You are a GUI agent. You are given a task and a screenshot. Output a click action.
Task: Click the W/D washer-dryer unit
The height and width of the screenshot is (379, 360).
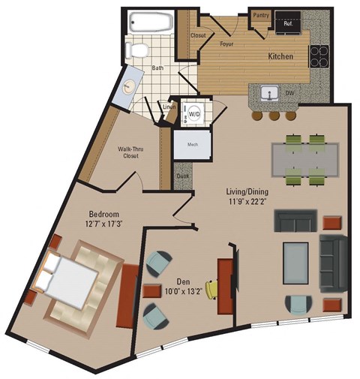coord(194,113)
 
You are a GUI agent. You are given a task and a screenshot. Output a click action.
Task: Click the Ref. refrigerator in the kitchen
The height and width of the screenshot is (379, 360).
coord(288,23)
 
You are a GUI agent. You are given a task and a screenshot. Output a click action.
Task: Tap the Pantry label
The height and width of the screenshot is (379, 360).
coord(261,14)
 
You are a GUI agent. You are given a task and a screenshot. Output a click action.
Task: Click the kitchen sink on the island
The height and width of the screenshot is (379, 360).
coord(269,93)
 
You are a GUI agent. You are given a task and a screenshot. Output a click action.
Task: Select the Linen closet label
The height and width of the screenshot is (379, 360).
coord(169,107)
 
